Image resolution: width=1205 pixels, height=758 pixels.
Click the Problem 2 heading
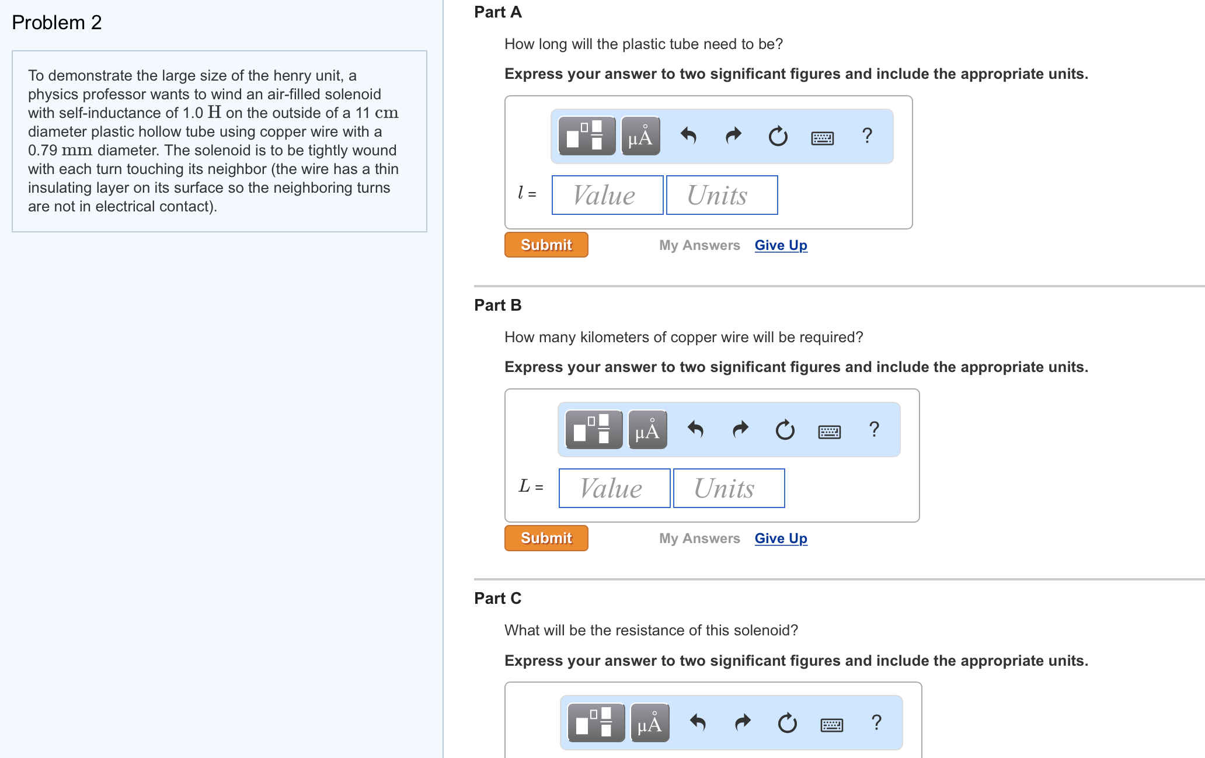[x=57, y=23]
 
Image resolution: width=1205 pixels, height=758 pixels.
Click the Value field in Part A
[x=607, y=195]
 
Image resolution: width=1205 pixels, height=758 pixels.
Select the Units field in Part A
[x=722, y=195]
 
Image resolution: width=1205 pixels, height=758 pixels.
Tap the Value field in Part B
[x=614, y=488]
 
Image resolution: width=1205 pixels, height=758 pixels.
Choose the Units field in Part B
[x=729, y=488]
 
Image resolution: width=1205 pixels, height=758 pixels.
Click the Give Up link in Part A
[x=781, y=245]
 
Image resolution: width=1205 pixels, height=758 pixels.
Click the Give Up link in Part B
[x=781, y=538]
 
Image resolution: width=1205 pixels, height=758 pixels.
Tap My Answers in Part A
[x=699, y=245]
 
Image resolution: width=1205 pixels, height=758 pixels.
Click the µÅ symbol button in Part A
[x=640, y=136]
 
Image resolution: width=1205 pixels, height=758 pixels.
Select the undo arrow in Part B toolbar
[x=695, y=430]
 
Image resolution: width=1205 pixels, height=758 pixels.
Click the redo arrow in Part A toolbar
[x=733, y=136]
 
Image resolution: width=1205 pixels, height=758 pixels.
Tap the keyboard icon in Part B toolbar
[x=829, y=432]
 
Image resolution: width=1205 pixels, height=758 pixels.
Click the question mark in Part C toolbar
[x=876, y=723]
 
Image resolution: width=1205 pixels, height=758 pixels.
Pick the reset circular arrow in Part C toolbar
[x=787, y=724]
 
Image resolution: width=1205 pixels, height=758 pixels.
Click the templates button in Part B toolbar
[x=594, y=429]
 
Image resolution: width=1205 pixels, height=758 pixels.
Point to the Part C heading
[x=497, y=599]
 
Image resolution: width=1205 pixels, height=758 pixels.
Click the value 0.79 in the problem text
[x=43, y=151]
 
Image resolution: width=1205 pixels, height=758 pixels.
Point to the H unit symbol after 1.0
[x=214, y=112]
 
